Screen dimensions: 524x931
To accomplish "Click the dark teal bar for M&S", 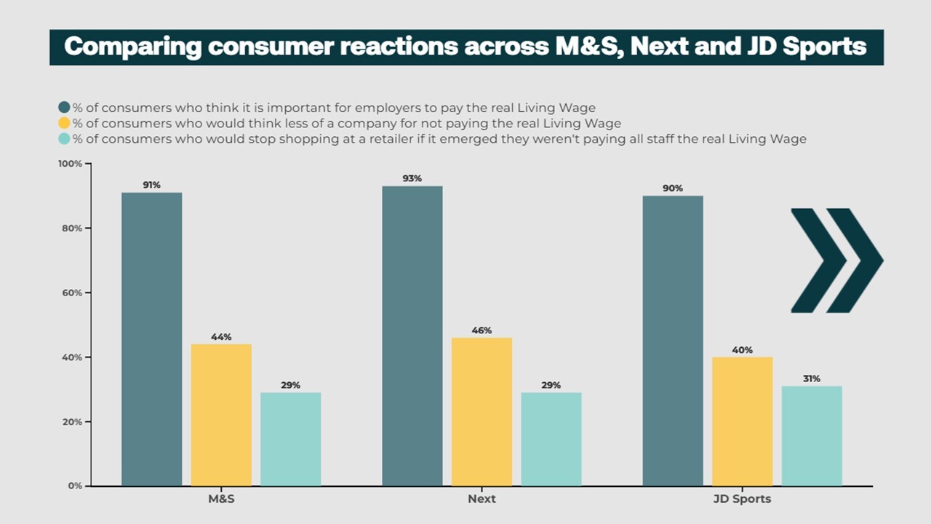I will click(x=151, y=339).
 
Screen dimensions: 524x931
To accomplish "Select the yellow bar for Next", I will click(x=482, y=411).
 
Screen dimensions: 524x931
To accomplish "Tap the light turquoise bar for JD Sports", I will click(x=812, y=435).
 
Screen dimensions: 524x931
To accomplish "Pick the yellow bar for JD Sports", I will click(x=742, y=421).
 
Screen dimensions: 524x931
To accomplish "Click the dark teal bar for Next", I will click(x=412, y=336).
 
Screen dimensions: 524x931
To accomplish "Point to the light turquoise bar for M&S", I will click(x=290, y=439).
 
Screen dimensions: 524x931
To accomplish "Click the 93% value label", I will click(x=412, y=178).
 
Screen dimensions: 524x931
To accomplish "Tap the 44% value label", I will click(x=221, y=337).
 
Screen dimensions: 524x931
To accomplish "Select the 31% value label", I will click(x=812, y=378).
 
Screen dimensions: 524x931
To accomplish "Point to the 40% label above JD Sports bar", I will click(x=742, y=350).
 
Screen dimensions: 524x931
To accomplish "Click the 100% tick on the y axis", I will click(x=70, y=164).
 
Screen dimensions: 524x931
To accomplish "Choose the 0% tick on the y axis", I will click(x=75, y=485).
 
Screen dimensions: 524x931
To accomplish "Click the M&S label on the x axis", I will click(x=221, y=499).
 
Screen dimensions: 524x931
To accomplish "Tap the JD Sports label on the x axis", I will click(x=742, y=499).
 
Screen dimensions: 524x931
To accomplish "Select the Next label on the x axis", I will click(x=482, y=499).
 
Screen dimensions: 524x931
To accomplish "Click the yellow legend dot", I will click(x=64, y=123).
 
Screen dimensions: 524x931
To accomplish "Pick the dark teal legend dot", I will click(x=64, y=108).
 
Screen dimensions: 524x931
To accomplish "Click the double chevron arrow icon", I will click(x=836, y=261).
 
